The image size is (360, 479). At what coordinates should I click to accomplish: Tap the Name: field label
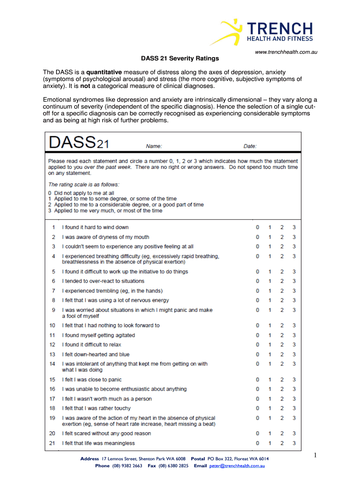tap(154, 146)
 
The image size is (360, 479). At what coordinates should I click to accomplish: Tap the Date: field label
tap(250, 146)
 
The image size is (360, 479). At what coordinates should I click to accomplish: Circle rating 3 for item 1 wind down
tap(294, 227)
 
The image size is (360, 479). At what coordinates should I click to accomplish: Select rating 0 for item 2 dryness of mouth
tap(257, 237)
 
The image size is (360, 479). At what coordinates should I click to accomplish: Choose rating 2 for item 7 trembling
tap(282, 291)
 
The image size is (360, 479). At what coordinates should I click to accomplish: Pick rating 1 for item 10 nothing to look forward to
tap(269, 326)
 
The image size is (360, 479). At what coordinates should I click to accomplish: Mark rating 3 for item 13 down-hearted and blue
tap(294, 355)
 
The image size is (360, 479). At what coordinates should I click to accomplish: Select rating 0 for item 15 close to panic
tap(257, 380)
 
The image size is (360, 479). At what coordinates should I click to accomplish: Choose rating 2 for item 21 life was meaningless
tap(282, 443)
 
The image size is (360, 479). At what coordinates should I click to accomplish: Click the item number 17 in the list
tap(52, 399)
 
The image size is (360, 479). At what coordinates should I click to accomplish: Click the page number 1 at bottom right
tap(316, 456)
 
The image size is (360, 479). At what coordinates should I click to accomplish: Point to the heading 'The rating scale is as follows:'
tap(84, 184)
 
